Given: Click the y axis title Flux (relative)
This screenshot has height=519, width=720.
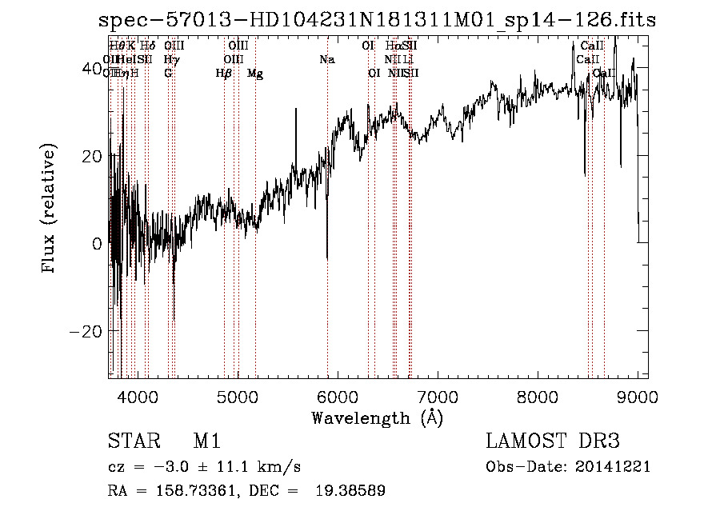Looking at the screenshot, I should pyautogui.click(x=50, y=210).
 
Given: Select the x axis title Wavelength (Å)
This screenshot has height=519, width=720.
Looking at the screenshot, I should pyautogui.click(x=377, y=417).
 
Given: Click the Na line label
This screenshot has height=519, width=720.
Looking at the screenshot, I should pyautogui.click(x=327, y=60).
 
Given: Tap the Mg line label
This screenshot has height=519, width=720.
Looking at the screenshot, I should pyautogui.click(x=255, y=74).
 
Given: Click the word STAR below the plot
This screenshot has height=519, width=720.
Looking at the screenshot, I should pyautogui.click(x=131, y=442).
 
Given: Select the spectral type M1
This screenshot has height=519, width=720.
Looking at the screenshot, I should pyautogui.click(x=206, y=442).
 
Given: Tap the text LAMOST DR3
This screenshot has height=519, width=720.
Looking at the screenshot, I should pyautogui.click(x=553, y=441).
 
